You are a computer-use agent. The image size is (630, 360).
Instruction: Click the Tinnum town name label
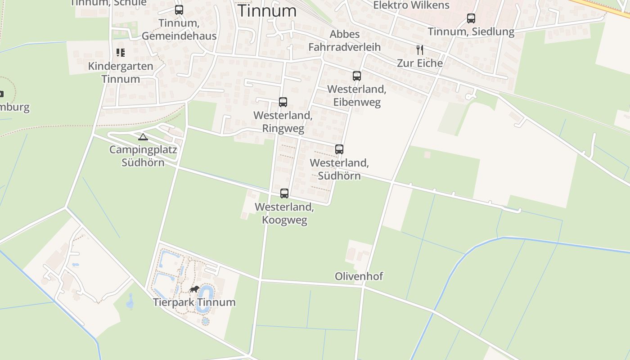click(x=267, y=11)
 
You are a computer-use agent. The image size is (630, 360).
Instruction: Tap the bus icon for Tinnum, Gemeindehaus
click(x=179, y=9)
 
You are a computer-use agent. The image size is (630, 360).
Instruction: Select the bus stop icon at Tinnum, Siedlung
click(x=471, y=18)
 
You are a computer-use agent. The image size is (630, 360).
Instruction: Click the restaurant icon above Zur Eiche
click(x=420, y=49)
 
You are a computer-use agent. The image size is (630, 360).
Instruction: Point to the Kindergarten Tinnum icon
click(x=120, y=53)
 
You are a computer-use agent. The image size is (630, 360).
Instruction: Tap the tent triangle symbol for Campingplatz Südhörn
click(x=143, y=137)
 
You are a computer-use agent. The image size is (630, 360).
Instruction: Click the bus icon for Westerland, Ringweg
click(x=283, y=102)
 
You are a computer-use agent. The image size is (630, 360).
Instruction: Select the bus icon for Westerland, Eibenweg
click(x=357, y=76)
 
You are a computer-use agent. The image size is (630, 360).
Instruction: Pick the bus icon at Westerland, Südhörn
click(x=339, y=149)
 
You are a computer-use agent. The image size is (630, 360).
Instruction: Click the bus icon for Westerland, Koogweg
click(x=284, y=193)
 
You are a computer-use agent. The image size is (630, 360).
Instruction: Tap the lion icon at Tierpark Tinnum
click(x=194, y=289)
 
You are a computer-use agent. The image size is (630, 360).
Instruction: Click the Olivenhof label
click(x=359, y=276)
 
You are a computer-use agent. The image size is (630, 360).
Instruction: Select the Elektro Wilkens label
click(x=411, y=5)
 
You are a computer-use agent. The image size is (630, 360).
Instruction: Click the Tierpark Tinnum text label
click(x=194, y=302)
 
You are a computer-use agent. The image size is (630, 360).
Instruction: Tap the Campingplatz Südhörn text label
click(x=143, y=156)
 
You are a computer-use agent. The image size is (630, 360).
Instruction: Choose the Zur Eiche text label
click(x=420, y=63)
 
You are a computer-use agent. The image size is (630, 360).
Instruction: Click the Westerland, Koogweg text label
click(x=284, y=214)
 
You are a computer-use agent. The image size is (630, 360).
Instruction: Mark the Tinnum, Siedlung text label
click(x=471, y=31)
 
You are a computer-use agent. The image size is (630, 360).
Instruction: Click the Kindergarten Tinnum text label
click(x=121, y=72)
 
